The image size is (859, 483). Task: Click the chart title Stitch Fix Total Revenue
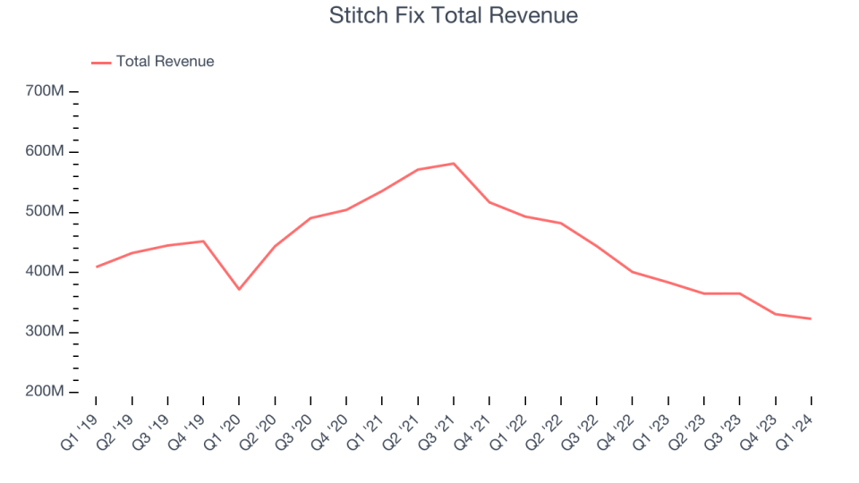(x=454, y=15)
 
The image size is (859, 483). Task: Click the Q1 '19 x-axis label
(x=80, y=420)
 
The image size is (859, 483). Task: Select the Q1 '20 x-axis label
(x=223, y=420)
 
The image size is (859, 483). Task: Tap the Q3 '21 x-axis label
(x=438, y=420)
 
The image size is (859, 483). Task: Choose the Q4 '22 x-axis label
(x=617, y=420)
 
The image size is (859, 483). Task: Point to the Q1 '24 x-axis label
(x=795, y=420)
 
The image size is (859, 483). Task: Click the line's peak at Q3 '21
(x=454, y=164)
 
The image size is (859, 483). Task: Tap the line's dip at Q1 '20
(x=239, y=289)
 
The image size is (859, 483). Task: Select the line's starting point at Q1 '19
(x=96, y=267)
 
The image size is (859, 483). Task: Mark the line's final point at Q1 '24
(x=811, y=318)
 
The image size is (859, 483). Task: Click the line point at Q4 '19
(x=203, y=241)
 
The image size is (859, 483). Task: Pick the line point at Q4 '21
(x=489, y=202)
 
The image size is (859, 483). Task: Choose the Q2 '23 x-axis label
(x=688, y=420)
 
